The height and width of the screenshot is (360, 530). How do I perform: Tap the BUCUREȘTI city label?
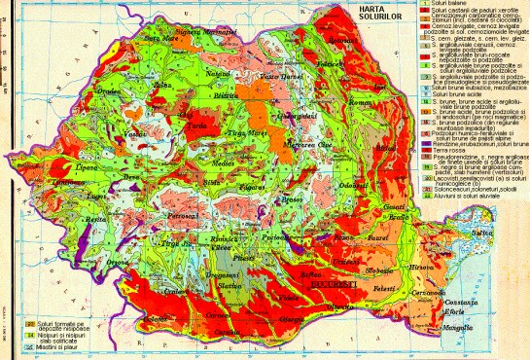coord(331,288)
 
